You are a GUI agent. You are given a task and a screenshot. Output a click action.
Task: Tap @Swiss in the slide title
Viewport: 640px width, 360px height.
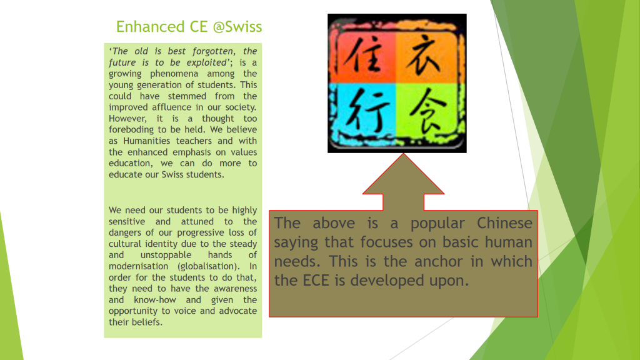click(237, 26)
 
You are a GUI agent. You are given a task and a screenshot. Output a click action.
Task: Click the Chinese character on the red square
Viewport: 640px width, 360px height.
click(362, 55)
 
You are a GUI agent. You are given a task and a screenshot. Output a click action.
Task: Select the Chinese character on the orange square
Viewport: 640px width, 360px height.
click(426, 55)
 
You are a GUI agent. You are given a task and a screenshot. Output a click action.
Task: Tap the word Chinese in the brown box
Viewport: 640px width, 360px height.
click(504, 223)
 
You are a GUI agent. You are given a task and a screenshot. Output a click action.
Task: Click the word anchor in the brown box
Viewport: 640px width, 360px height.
click(438, 262)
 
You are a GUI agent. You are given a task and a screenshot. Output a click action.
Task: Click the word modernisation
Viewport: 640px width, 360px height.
click(138, 266)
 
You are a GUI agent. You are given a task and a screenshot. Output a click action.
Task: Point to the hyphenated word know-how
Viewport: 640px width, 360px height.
click(155, 300)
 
